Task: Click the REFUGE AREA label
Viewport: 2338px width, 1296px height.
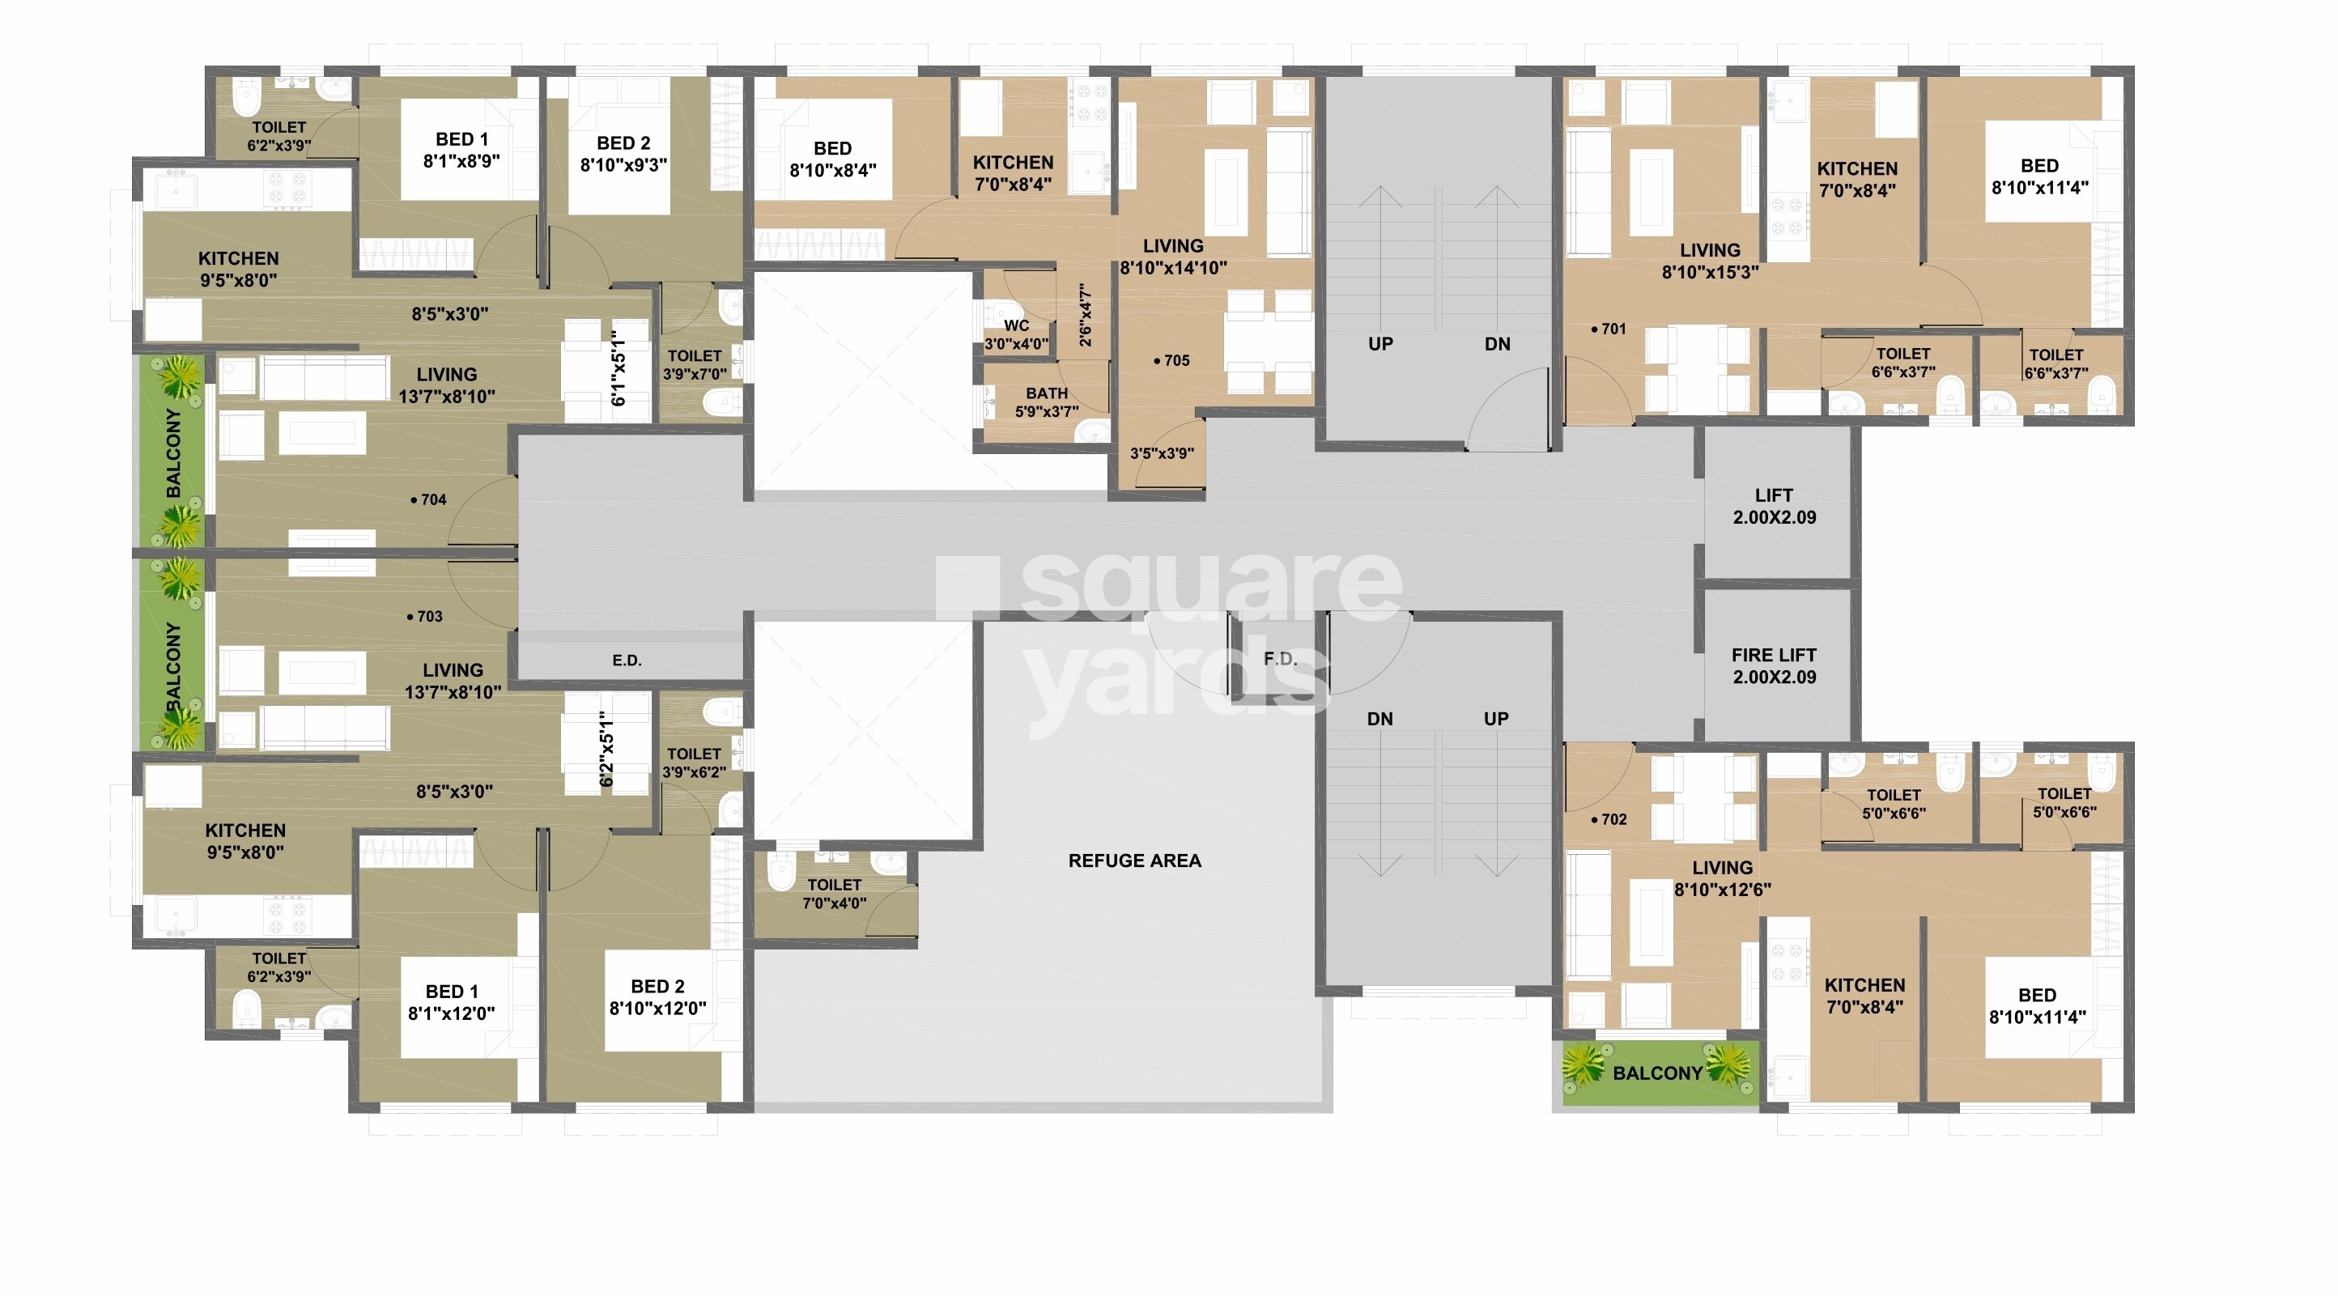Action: point(1133,860)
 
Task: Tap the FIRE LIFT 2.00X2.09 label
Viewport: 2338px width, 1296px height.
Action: point(1774,666)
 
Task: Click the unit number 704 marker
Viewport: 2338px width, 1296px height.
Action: point(428,499)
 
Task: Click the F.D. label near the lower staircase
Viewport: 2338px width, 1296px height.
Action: point(1280,659)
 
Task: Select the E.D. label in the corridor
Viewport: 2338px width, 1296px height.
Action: point(627,660)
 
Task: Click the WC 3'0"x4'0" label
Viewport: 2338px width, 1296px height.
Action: point(1017,335)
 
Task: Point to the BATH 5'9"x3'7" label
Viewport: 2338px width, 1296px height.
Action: point(1047,402)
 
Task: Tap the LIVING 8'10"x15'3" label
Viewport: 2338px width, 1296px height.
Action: point(1710,261)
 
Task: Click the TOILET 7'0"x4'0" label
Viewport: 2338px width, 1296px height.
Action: point(834,893)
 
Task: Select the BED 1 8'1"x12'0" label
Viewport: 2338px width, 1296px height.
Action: point(451,1002)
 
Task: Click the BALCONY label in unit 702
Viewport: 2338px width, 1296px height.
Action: point(1657,1073)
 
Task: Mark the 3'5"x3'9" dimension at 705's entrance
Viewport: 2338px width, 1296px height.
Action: point(1161,453)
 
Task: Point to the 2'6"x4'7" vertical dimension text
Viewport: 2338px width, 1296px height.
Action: point(1086,315)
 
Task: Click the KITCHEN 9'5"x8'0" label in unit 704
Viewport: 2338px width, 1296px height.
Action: point(239,270)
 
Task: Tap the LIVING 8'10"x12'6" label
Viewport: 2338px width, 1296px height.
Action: point(1722,878)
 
